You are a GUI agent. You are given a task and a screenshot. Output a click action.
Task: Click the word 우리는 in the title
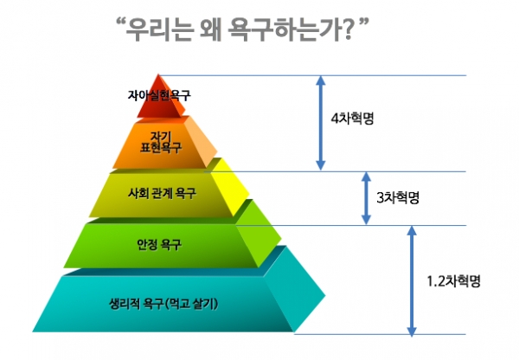(x=158, y=29)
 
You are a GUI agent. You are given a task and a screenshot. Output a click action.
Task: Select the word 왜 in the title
(x=210, y=29)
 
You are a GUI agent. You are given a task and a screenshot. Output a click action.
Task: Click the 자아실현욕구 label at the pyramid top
(x=159, y=95)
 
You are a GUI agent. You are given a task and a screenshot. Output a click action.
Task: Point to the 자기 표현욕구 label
(x=161, y=143)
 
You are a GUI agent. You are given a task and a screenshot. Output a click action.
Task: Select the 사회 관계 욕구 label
(x=162, y=193)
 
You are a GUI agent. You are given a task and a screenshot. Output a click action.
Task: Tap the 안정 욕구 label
(x=159, y=245)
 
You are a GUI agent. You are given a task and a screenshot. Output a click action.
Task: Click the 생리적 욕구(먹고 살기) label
(x=163, y=304)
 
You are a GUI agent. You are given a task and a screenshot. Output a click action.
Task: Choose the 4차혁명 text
(x=352, y=119)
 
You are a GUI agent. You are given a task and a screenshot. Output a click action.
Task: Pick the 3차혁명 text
(x=398, y=197)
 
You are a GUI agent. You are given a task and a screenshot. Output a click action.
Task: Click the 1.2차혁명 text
(x=453, y=281)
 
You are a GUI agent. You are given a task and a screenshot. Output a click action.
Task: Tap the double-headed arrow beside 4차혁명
(x=320, y=123)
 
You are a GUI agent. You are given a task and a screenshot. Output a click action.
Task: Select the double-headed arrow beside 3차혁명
(x=366, y=198)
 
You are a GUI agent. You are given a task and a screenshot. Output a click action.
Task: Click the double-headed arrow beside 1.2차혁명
(x=412, y=280)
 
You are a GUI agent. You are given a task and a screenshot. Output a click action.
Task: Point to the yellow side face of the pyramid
(x=230, y=188)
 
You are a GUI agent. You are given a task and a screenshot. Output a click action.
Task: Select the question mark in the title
(x=347, y=29)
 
